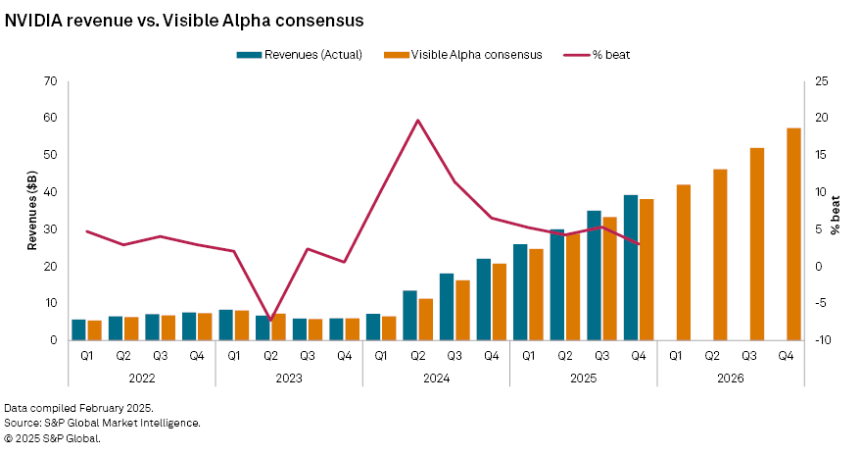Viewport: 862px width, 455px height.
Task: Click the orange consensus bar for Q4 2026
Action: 793,234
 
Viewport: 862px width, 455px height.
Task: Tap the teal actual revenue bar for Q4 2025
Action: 631,268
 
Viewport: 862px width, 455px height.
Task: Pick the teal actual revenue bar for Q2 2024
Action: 410,315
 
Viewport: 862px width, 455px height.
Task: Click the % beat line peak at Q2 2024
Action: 418,121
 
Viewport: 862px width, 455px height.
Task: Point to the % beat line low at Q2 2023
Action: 270,320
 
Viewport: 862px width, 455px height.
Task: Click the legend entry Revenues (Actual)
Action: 300,55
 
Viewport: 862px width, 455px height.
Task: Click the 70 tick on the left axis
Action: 50,81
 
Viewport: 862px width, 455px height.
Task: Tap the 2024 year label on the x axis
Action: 436,377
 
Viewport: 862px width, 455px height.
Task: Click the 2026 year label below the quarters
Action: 730,377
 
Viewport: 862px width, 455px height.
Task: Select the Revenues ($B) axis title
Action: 31,211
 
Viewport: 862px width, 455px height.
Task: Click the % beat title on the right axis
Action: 836,215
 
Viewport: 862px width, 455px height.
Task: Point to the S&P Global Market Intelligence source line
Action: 102,423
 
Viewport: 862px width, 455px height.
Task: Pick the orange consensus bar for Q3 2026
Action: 757,244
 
